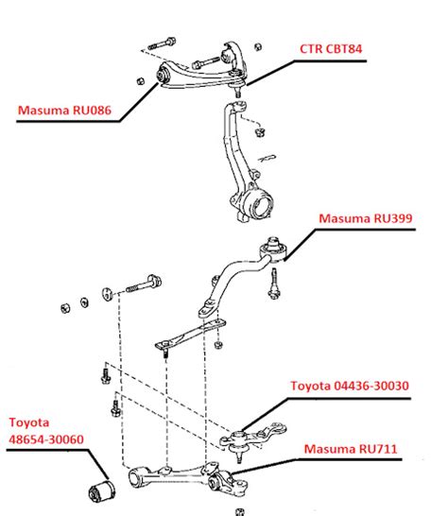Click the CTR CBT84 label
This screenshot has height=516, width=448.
331,49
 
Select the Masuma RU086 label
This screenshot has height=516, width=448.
64,110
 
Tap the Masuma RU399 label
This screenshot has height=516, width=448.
366,218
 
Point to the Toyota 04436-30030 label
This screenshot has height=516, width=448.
350,386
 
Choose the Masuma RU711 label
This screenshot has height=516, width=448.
351,449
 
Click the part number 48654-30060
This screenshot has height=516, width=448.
46,439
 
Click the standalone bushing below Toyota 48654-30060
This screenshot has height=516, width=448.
102,490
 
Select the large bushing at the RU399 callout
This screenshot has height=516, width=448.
273,250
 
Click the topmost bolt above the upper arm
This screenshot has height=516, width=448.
162,43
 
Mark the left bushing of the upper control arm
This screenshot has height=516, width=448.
163,75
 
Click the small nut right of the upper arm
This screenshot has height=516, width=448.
258,47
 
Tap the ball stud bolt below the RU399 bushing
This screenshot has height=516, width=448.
274,284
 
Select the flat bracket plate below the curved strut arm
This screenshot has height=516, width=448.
190,335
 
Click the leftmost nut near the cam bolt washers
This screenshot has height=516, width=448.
65,308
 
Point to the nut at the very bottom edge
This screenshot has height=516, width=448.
240,511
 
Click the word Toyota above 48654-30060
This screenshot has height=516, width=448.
29,422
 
